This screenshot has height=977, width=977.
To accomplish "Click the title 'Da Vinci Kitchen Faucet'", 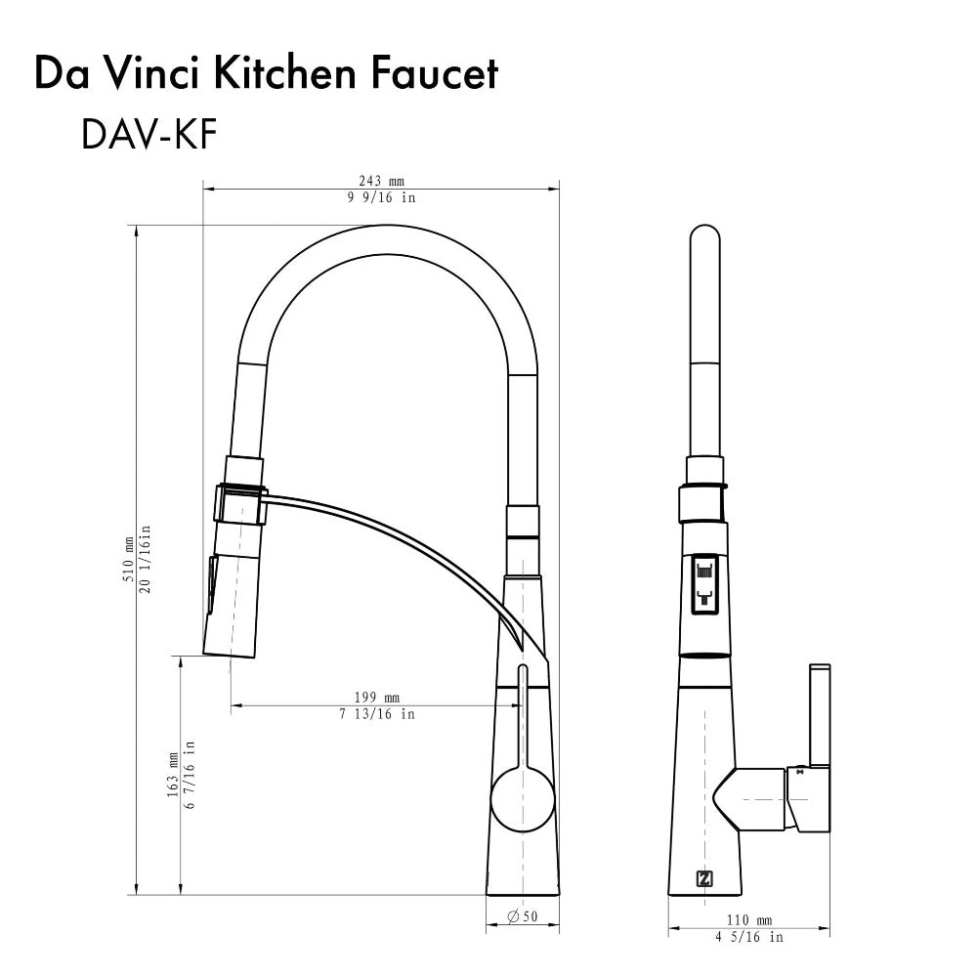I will (266, 74).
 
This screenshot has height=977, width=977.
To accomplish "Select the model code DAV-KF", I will (149, 135).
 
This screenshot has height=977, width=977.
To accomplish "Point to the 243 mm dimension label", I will (380, 181).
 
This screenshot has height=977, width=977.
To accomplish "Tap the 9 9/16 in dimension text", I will (380, 197).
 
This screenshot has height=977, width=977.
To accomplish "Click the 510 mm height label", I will (128, 560).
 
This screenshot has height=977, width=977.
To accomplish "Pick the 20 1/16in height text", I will (146, 560).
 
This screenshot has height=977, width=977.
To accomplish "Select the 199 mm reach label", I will (377, 698).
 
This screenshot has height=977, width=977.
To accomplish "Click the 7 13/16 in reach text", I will (377, 714).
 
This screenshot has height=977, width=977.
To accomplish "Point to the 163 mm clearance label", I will (172, 774).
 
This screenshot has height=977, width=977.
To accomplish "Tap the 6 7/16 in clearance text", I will (190, 774).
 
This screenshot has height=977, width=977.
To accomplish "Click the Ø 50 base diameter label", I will (524, 916).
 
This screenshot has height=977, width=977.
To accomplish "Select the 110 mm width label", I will (750, 919).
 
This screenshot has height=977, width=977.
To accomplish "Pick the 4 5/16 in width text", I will (750, 937).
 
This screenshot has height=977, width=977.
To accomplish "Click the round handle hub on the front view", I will (521, 797).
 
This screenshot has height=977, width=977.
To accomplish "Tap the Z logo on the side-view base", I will (704, 877).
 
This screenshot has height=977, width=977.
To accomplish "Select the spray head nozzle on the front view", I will (234, 606).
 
